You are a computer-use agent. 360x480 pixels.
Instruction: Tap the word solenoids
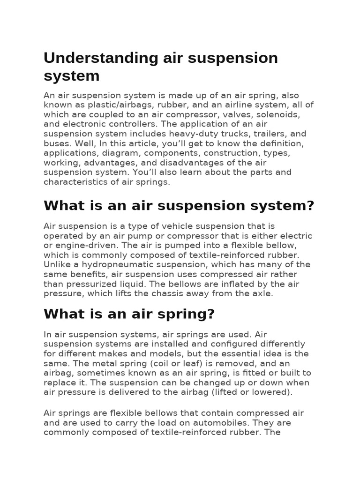[285, 114]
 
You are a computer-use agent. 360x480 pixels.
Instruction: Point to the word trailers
[267, 134]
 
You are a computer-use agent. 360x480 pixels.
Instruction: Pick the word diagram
[126, 153]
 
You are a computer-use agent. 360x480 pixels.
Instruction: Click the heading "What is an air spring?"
[129, 315]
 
